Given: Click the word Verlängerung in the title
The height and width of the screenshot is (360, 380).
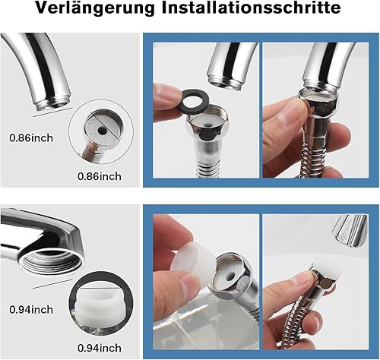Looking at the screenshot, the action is point(95,8).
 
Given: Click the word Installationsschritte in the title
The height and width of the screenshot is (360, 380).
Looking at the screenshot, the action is point(251,8).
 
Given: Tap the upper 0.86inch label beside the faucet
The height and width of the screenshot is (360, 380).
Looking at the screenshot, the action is point(31,138).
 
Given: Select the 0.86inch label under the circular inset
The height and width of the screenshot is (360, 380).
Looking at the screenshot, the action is point(100,176).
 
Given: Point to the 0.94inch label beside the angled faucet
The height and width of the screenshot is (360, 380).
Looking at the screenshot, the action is point(31,310).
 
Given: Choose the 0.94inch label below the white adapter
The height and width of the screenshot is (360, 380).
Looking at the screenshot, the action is point(100,348).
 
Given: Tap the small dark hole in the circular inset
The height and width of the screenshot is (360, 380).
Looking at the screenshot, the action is point(103,131).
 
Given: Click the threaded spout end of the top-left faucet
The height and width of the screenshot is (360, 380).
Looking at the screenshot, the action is point(52,103).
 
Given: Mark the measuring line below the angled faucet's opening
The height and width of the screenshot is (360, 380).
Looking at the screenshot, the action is point(52,284).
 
